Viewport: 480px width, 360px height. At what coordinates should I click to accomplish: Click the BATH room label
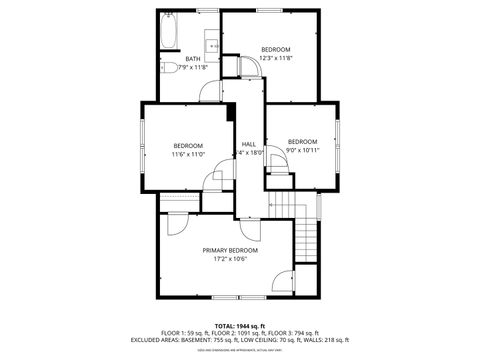(x=194, y=59)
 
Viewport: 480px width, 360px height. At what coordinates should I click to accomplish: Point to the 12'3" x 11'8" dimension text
(x=275, y=58)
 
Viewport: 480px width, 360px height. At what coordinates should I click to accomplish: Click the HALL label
(x=248, y=144)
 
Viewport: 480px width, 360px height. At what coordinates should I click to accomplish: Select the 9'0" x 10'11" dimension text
(x=303, y=150)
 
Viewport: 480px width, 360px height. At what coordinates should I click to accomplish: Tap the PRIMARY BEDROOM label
(x=230, y=250)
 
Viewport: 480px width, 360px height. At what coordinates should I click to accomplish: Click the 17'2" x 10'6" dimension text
(x=230, y=259)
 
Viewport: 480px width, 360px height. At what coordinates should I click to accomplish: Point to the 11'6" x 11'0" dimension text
(x=188, y=154)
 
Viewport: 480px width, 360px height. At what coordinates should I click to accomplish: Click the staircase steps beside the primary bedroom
(x=305, y=240)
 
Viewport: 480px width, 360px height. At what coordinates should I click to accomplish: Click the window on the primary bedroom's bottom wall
(x=240, y=297)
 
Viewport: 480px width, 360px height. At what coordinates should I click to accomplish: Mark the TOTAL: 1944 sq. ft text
(x=240, y=325)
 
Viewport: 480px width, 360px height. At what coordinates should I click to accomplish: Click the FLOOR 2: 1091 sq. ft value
(x=240, y=332)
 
